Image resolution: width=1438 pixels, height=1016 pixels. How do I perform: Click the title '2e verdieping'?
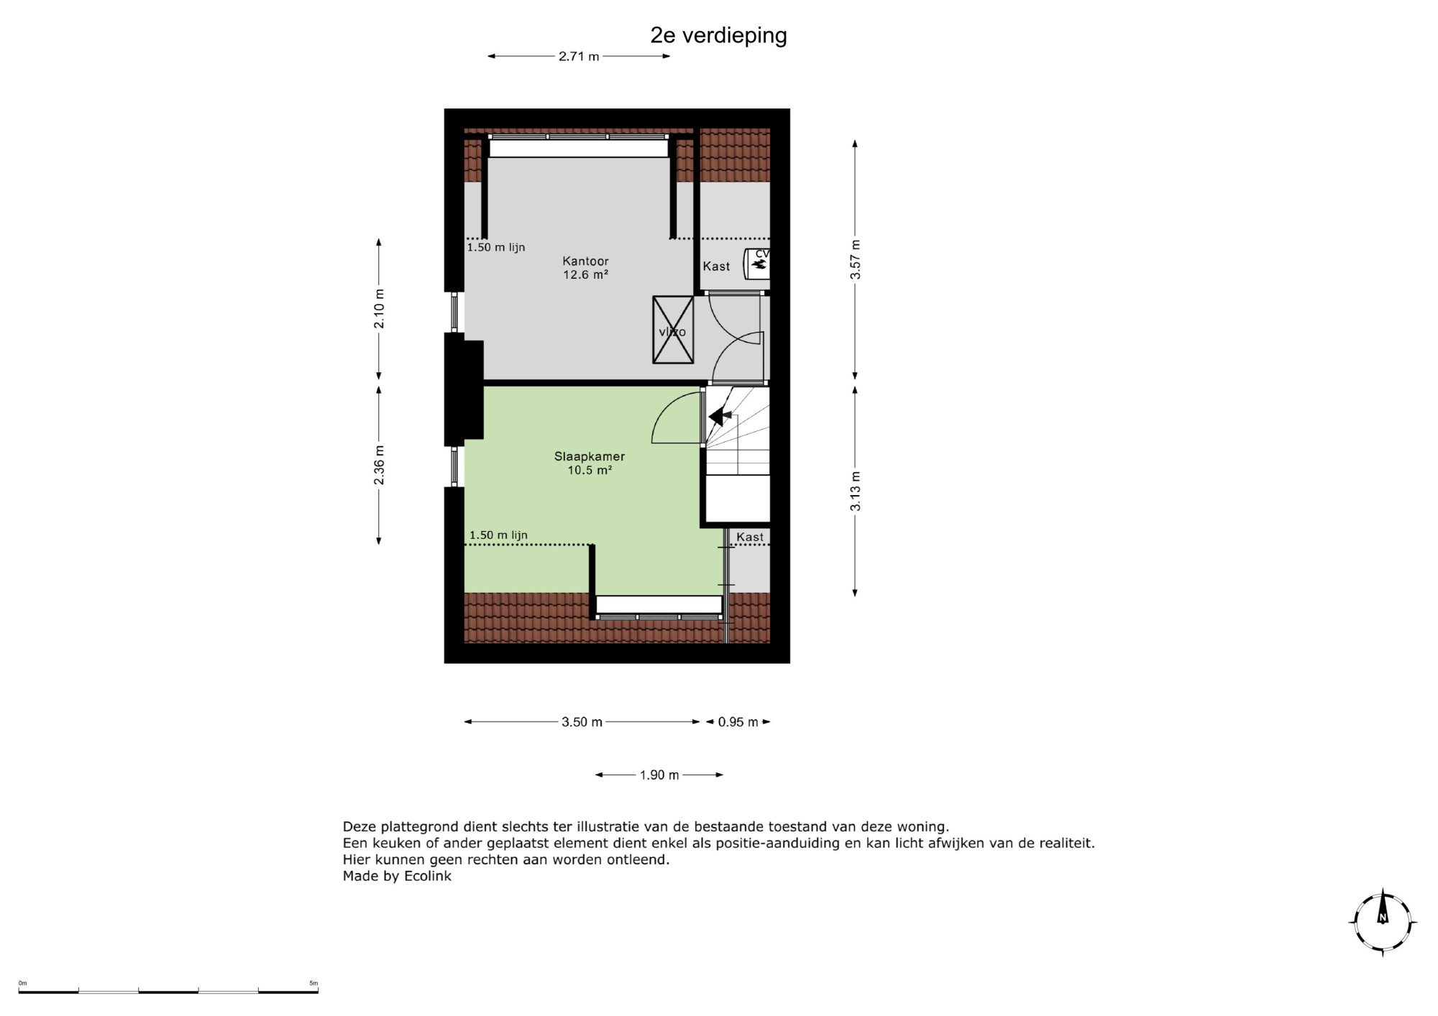click(x=718, y=35)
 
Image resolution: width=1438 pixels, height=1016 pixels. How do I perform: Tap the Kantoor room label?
click(x=586, y=261)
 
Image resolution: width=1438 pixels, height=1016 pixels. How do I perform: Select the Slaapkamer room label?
click(x=590, y=456)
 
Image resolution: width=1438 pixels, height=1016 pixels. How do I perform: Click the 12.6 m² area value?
click(x=586, y=274)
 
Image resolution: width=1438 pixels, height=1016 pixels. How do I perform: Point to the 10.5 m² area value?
click(x=590, y=471)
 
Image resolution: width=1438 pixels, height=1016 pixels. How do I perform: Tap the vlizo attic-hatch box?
click(x=673, y=330)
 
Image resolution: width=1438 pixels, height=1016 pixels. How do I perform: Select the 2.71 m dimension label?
click(x=579, y=56)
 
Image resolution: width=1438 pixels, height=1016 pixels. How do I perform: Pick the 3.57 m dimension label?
click(x=855, y=259)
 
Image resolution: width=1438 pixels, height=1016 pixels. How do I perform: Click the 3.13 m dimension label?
click(x=855, y=491)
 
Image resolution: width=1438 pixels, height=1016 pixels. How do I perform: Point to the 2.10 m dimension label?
click(x=379, y=309)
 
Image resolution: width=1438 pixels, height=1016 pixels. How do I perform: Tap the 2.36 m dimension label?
click(x=379, y=465)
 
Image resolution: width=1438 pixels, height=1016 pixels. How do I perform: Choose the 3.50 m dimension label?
click(x=582, y=722)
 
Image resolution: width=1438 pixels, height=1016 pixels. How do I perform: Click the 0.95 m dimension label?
click(x=738, y=722)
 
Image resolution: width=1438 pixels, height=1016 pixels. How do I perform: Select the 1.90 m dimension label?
click(x=659, y=775)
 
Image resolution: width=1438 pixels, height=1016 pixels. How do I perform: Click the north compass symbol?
click(x=1383, y=923)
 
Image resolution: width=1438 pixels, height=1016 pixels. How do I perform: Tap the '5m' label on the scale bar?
click(x=313, y=983)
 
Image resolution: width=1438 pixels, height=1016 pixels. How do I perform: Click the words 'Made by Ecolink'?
click(x=397, y=876)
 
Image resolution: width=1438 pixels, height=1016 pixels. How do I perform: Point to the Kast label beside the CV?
click(x=716, y=266)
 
